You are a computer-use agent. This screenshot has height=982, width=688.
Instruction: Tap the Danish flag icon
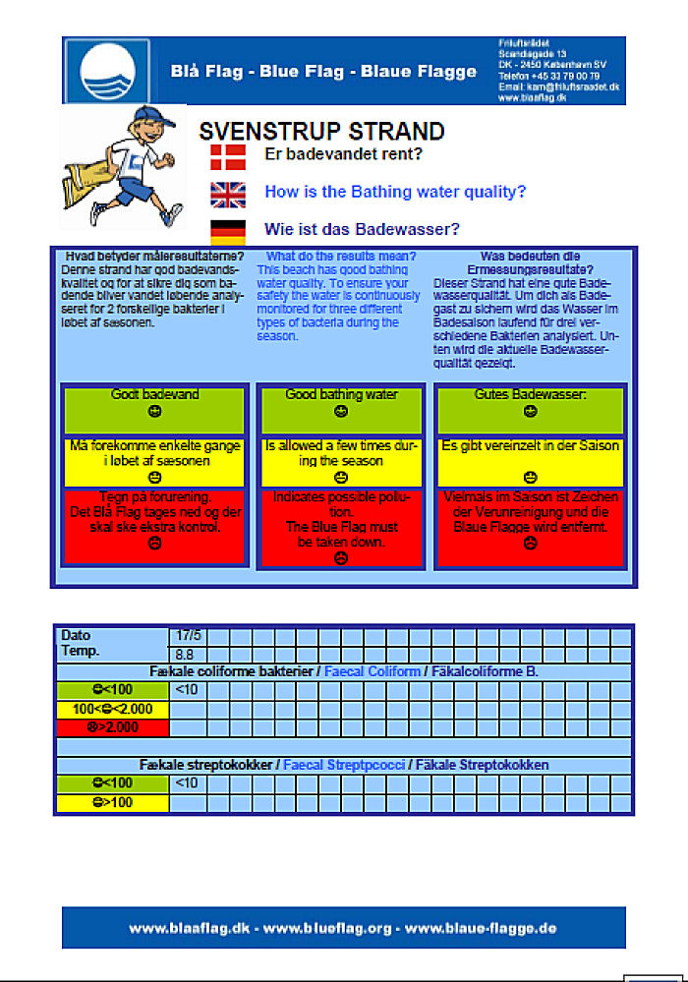[x=228, y=155]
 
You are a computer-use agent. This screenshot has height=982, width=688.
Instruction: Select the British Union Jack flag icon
[x=228, y=194]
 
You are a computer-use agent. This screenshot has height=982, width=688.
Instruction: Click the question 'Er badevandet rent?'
[x=344, y=154]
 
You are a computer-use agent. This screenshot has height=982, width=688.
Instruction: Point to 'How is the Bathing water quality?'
[x=395, y=192]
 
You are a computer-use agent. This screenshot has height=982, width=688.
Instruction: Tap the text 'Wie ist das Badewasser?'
[x=362, y=230]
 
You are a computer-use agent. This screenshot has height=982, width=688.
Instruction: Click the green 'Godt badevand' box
[x=154, y=410]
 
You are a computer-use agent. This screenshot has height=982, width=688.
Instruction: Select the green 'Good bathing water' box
[x=341, y=410]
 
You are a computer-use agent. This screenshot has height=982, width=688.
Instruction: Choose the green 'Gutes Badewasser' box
[x=530, y=410]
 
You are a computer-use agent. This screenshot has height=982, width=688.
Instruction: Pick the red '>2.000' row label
[x=113, y=727]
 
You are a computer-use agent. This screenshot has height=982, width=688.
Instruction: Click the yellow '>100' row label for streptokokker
[x=113, y=803]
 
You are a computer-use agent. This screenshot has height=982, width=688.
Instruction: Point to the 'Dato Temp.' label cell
[x=113, y=644]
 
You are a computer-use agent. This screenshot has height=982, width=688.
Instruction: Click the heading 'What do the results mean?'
[x=341, y=257]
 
